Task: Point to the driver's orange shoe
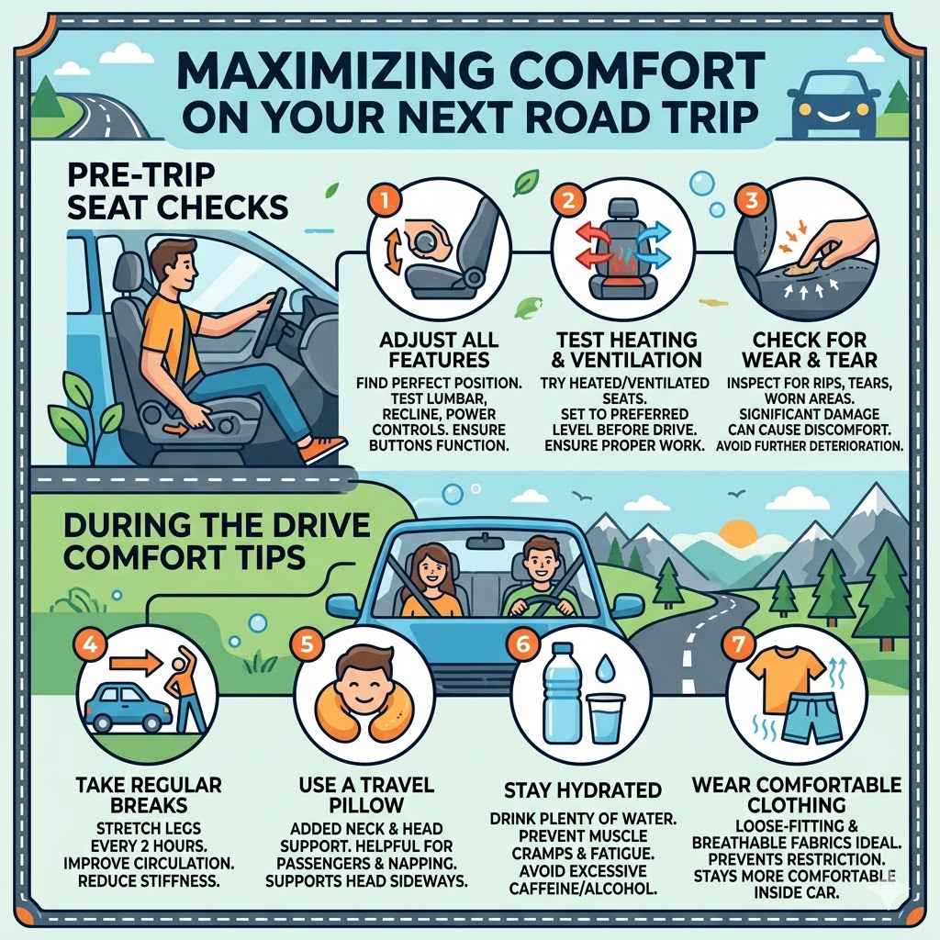(323, 447)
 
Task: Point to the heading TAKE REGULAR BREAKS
(148, 796)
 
